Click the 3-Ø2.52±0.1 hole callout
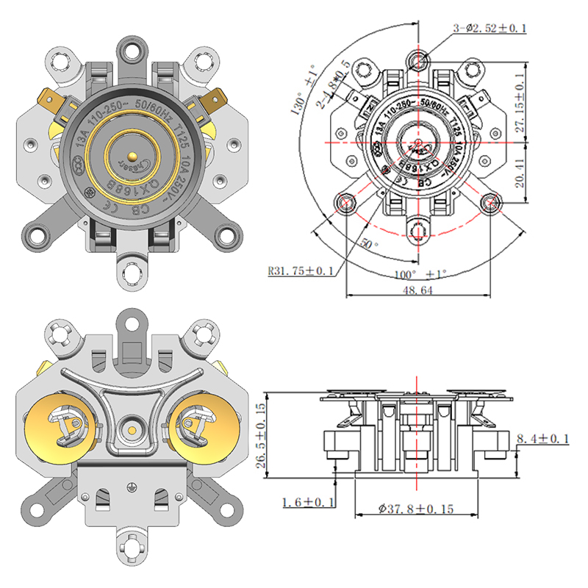490,29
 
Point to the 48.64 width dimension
417,291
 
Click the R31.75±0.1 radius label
301,271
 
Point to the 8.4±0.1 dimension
543,439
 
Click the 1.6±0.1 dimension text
308,502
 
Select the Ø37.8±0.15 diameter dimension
417,508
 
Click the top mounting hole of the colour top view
132,51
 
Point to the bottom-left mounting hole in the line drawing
345,201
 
